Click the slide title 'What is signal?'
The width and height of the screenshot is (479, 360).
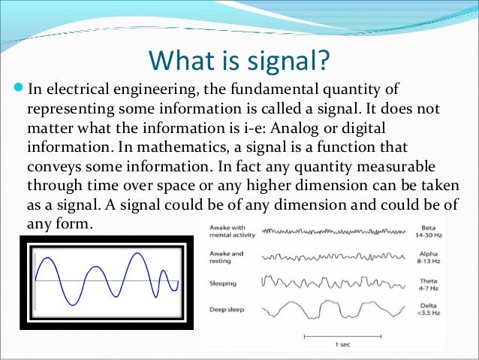point(239,59)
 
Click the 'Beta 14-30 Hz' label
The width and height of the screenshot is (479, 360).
point(433,232)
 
